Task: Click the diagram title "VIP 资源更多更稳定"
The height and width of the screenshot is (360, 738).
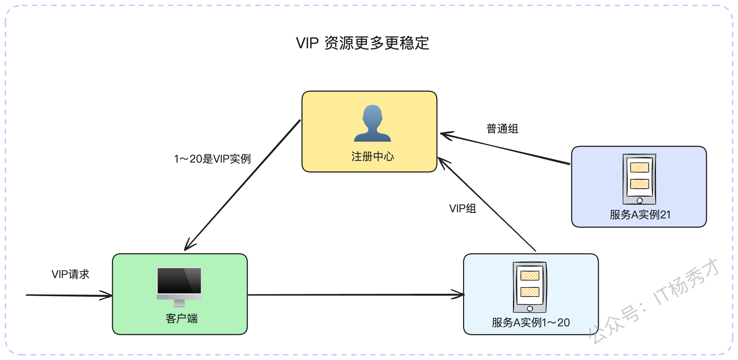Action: coord(362,43)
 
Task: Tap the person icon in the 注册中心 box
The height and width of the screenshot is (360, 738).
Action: coord(372,123)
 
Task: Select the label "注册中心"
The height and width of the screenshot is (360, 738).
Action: coord(372,156)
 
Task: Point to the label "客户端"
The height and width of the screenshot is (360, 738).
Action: coord(182,318)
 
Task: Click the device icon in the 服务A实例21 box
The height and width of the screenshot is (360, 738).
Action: coord(639,179)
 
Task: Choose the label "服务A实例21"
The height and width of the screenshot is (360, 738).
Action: coord(640,214)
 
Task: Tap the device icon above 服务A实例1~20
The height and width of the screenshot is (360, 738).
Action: coord(530,287)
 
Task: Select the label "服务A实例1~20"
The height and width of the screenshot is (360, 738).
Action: coord(530,323)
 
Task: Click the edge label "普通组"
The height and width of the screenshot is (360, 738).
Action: coord(502,129)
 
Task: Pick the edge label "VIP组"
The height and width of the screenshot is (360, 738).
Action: coord(462,208)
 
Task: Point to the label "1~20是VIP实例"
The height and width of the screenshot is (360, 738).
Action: coord(212,159)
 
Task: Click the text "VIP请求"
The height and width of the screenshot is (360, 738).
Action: coord(70,274)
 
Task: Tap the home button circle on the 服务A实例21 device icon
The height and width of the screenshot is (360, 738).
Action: coord(640,200)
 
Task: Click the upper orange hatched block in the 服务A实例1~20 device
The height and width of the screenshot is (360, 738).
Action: coord(530,276)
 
